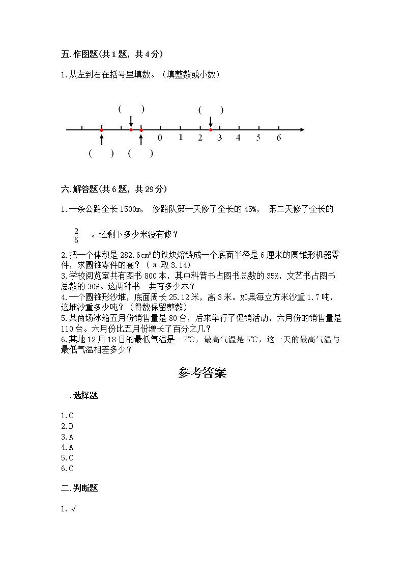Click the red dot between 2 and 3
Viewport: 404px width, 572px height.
[211, 130]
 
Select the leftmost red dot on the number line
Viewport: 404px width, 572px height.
[102, 130]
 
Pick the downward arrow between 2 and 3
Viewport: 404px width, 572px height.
[211, 122]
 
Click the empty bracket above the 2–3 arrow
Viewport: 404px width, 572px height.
[211, 110]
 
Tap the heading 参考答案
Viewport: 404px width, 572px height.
[202, 373]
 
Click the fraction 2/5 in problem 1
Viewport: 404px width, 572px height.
[76, 235]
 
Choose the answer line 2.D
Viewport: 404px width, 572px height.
[67, 426]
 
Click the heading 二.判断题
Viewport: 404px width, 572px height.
[79, 488]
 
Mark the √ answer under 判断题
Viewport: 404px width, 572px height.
[72, 508]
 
